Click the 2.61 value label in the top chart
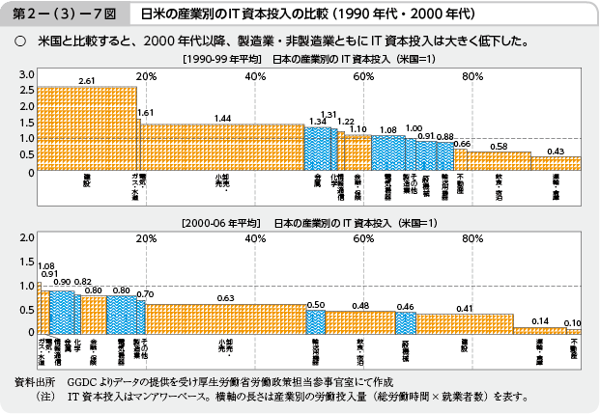87,80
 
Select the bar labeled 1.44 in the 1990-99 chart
222,149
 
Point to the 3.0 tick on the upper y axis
26,75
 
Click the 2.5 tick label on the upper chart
26,92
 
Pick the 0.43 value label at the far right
556,152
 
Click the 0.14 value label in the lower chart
540,320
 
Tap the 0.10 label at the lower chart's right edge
573,322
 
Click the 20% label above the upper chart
147,76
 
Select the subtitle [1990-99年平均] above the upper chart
222,60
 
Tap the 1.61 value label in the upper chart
146,113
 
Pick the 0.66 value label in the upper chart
462,144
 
